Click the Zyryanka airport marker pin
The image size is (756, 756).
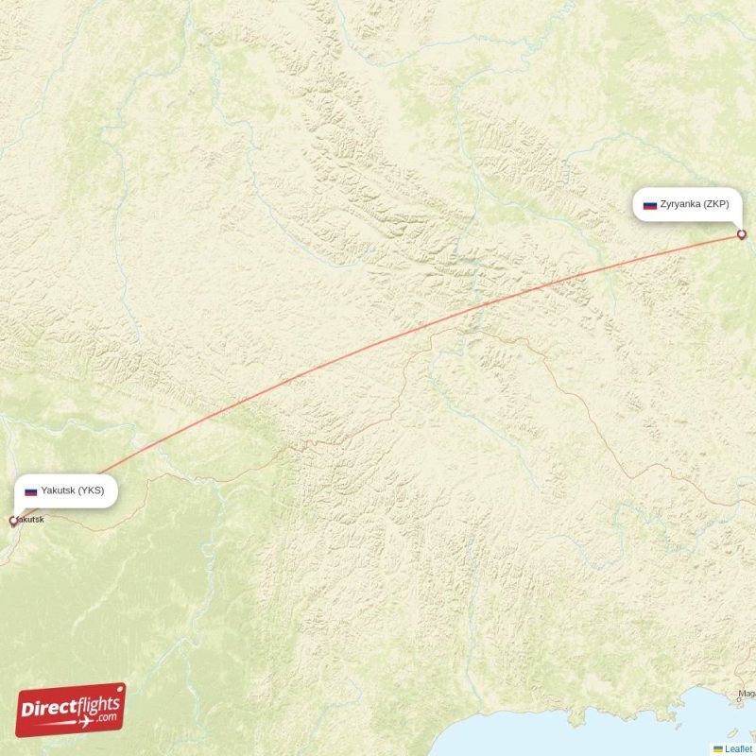(742, 234)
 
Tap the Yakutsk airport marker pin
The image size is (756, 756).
(13, 521)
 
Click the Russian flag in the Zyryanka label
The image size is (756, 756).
(650, 204)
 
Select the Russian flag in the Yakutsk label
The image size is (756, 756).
(30, 491)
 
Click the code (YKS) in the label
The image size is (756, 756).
(92, 490)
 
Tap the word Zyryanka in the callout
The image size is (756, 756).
(679, 204)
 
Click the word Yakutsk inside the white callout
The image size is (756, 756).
(59, 490)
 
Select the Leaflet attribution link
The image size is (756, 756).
(739, 748)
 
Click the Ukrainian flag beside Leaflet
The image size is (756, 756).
(718, 748)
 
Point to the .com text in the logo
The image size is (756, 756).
(108, 716)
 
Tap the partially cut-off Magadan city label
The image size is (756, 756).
(747, 695)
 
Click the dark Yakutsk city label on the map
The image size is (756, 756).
(30, 520)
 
